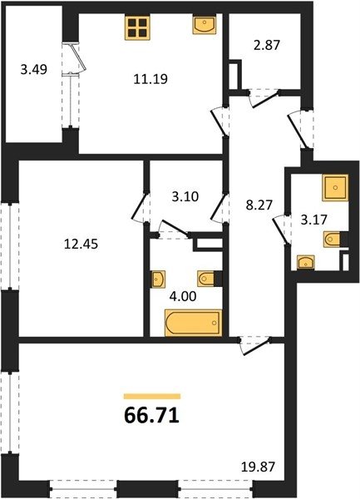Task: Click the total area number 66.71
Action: [x=152, y=416]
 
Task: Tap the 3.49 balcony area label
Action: [x=34, y=69]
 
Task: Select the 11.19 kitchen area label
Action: [x=150, y=79]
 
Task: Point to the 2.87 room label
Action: [x=267, y=45]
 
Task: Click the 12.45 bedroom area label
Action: [x=81, y=244]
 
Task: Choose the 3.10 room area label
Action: [x=185, y=196]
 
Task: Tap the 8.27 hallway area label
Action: [x=259, y=205]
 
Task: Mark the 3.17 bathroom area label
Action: [x=314, y=220]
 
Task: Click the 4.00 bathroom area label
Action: [x=183, y=297]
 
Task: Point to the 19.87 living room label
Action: [x=257, y=467]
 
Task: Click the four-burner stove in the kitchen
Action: [x=138, y=27]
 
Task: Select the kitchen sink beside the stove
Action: [x=205, y=24]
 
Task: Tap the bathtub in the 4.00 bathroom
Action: [x=193, y=323]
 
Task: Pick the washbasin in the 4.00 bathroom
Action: [x=158, y=279]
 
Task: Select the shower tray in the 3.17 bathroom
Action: [x=335, y=188]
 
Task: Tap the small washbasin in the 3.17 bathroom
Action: [x=306, y=263]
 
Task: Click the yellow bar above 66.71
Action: [x=152, y=396]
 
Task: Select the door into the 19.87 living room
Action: [x=257, y=348]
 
